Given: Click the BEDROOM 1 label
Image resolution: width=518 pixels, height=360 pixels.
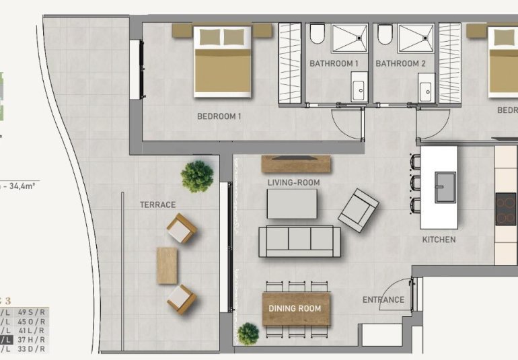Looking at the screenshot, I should pos(219,116).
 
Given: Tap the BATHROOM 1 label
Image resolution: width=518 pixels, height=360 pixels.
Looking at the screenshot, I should pos(334,64).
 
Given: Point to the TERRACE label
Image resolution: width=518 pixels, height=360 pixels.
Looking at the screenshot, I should pos(157,205).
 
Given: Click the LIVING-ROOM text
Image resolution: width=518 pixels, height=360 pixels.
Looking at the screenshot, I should pos(293,182).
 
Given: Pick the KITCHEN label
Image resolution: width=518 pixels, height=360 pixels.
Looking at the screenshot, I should pos(439,240).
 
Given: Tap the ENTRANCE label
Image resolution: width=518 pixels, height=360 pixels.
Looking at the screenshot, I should pos(383,300).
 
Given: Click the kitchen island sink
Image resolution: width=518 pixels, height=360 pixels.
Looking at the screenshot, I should pos(444,186).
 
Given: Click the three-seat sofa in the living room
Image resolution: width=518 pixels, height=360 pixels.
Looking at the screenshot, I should pos(300,241).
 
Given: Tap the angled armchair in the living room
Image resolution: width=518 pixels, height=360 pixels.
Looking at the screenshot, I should pos(358,209).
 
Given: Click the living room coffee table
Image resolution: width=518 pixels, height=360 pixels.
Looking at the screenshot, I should pos(291,203).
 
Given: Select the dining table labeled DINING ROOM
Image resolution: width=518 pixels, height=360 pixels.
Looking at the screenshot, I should pos(296,309).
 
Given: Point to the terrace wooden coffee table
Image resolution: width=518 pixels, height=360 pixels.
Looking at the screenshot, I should pos(168,264).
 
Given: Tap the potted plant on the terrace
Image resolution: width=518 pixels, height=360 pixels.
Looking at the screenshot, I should pos(197,176).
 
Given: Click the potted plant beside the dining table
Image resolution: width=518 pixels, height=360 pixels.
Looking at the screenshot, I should pos(248,334).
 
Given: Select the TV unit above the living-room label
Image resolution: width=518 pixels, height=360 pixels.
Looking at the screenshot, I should pos(296,162).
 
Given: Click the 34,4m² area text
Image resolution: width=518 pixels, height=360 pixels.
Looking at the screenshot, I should pos(20,186).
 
